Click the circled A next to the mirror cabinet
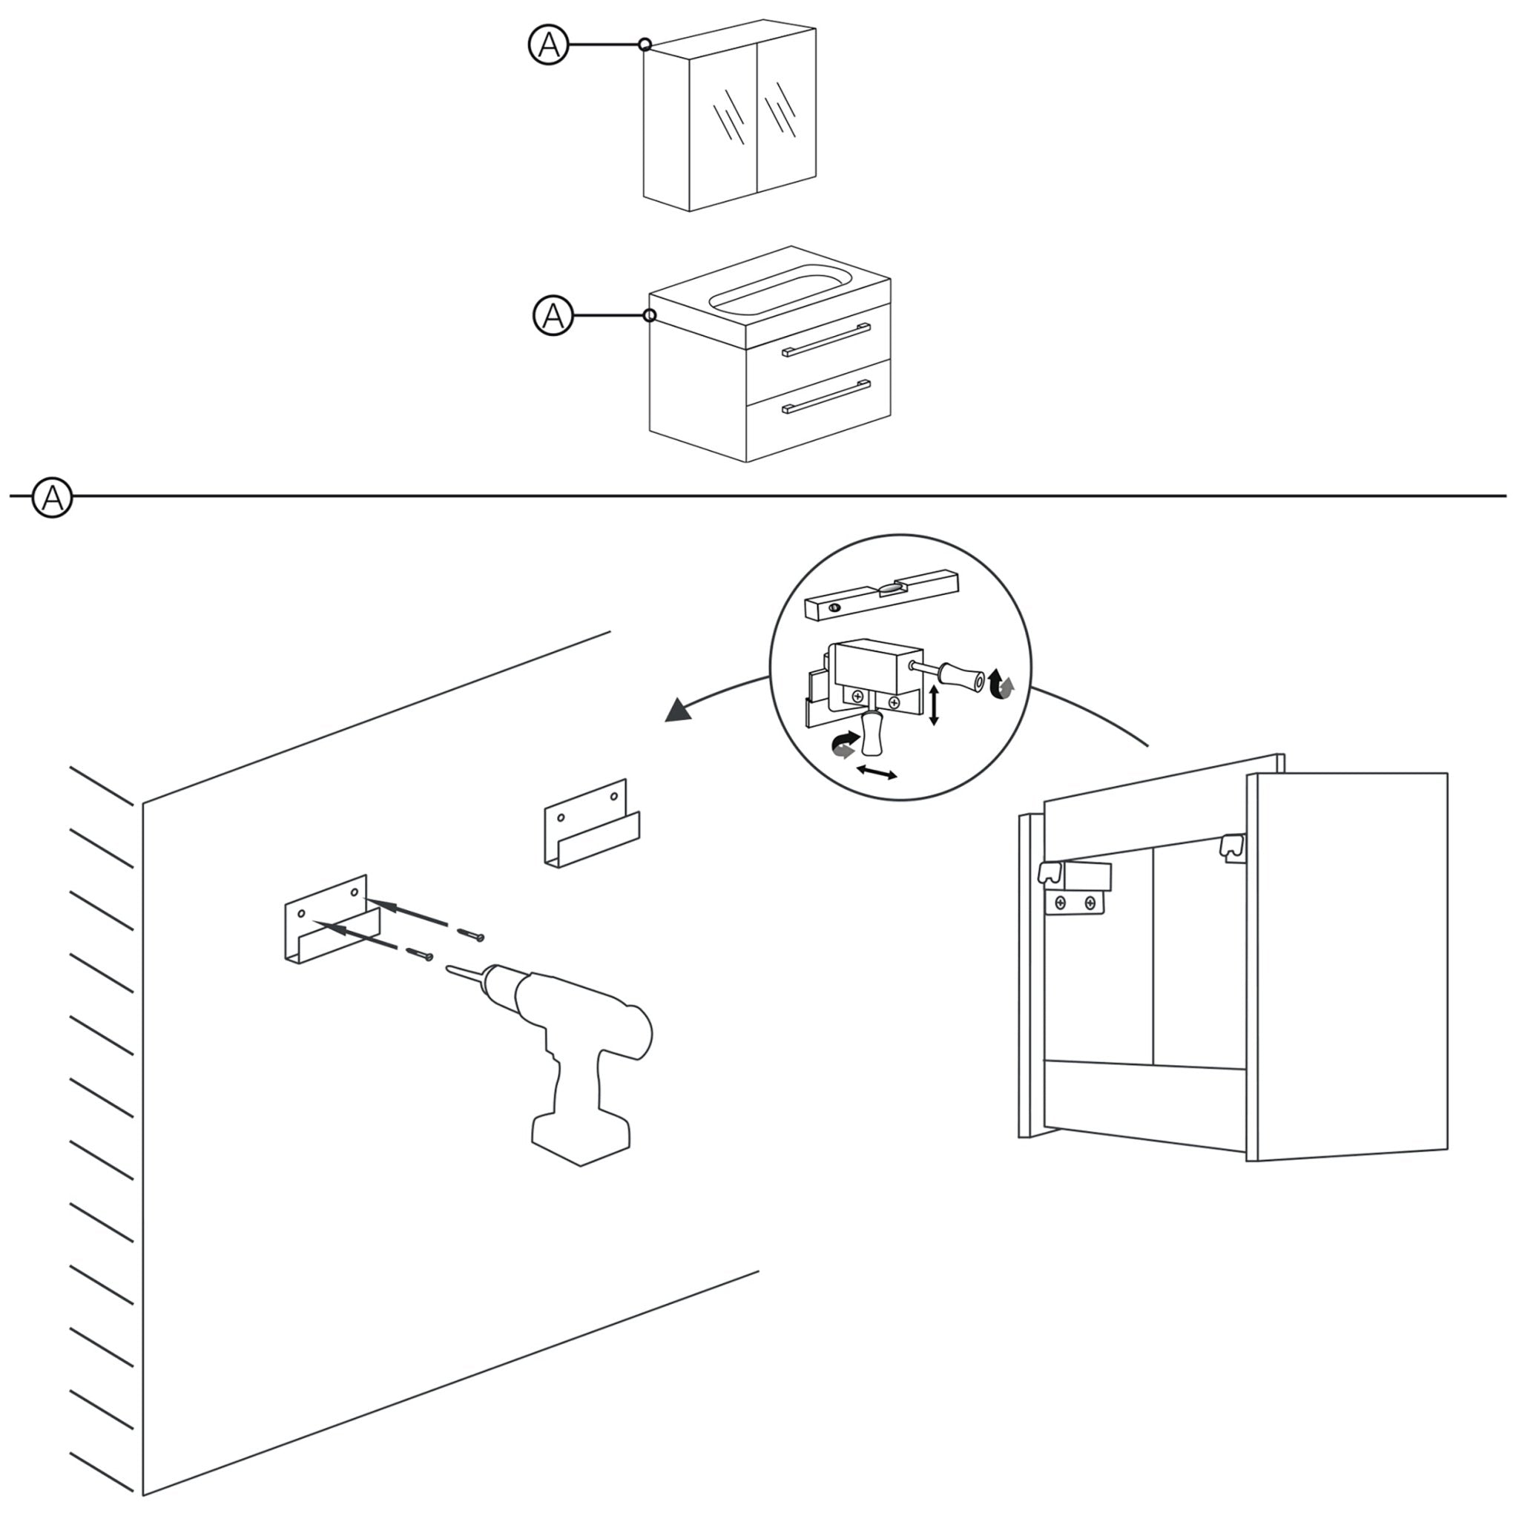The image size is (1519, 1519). pos(548,45)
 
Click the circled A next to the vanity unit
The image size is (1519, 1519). pos(553,315)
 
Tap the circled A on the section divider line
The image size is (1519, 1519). pos(52,497)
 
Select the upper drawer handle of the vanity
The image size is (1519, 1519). pos(826,340)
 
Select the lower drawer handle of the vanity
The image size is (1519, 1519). pos(826,396)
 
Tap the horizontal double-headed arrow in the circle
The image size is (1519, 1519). pos(877,773)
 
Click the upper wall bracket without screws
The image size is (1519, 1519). pos(591,824)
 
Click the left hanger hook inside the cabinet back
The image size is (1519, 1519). pos(1052,871)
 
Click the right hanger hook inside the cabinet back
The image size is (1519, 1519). pos(1231,847)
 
